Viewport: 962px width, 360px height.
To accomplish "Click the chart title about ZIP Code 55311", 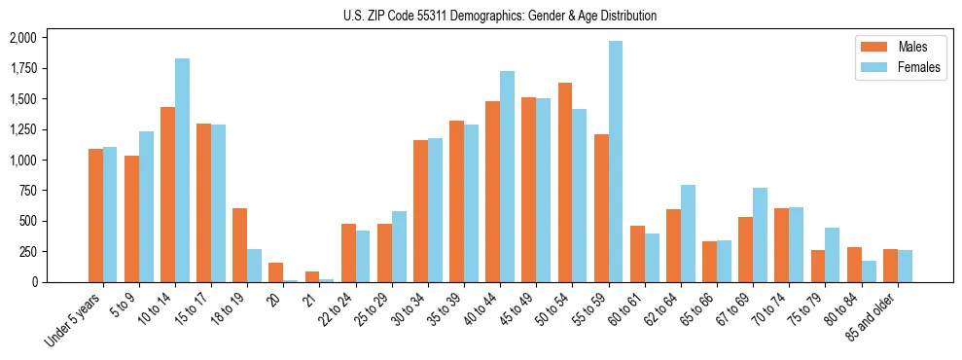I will coord(500,16).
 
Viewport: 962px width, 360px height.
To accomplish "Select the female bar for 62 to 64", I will coord(688,234).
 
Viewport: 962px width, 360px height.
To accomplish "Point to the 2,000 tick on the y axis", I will coord(22,38).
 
